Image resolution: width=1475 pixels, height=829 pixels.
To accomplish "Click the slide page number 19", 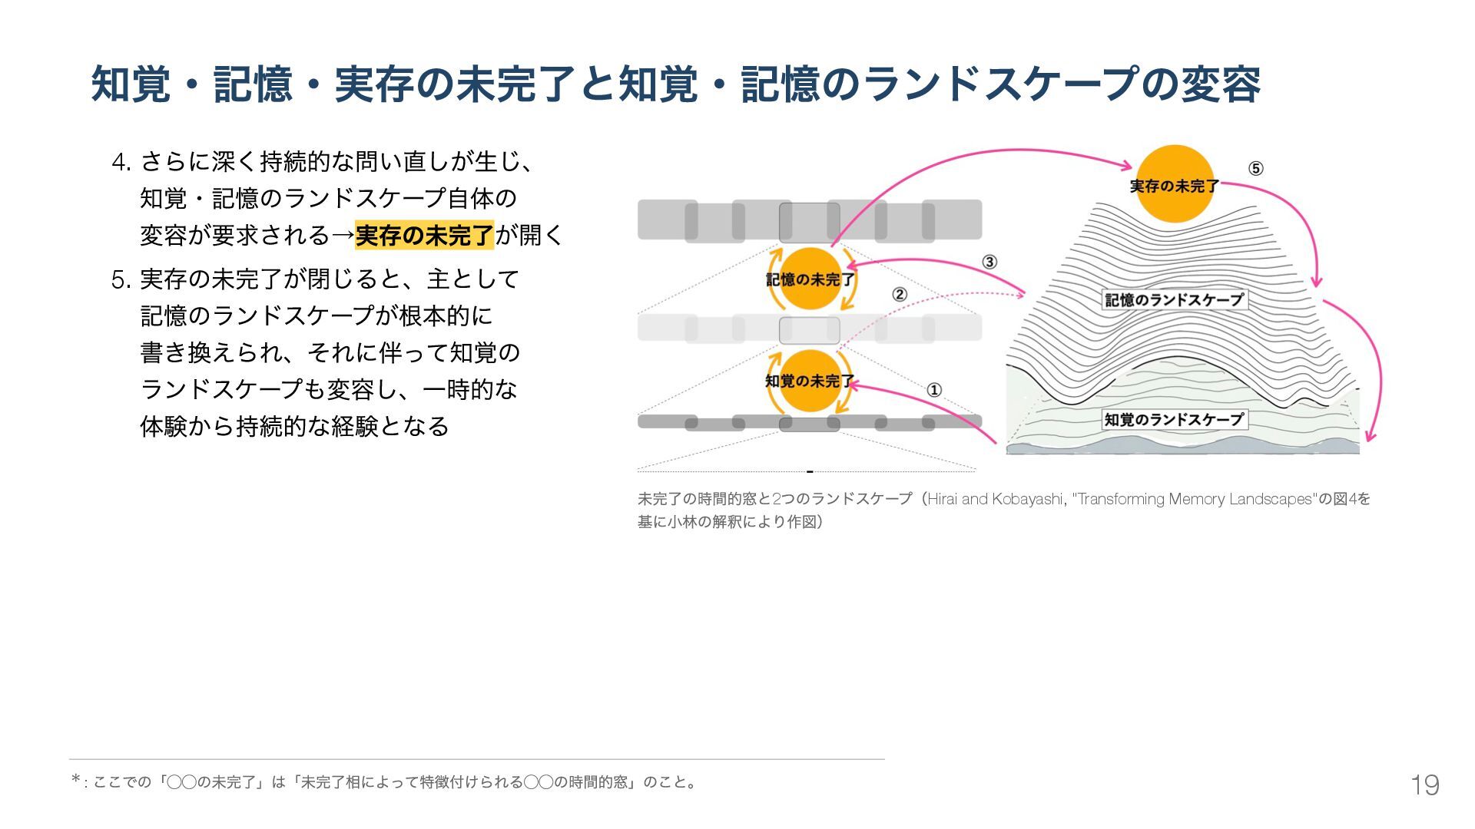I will [1424, 784].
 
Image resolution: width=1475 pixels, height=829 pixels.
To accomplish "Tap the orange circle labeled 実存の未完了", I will [1174, 184].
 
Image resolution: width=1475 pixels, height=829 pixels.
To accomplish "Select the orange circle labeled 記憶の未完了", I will [810, 279].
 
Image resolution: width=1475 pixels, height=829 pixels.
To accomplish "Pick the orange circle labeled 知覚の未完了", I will [810, 381].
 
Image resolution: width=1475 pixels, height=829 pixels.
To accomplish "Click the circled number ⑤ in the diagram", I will [1255, 169].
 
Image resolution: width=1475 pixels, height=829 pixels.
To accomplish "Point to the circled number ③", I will [989, 262].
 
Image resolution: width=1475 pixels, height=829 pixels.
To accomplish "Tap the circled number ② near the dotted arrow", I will [899, 295].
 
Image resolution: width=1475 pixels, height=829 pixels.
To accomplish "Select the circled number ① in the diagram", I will [934, 390].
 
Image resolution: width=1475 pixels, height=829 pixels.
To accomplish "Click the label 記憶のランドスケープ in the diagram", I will [1174, 300].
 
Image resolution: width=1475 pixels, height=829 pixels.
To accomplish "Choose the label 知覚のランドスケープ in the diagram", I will [1174, 419].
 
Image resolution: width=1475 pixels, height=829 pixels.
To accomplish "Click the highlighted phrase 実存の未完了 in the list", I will [424, 235].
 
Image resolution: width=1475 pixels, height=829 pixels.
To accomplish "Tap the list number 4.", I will [121, 163].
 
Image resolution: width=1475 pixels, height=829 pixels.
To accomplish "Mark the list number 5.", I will [121, 280].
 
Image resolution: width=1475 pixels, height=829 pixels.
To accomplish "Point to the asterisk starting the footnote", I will [76, 781].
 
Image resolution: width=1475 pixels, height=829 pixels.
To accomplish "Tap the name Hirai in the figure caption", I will [943, 500].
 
